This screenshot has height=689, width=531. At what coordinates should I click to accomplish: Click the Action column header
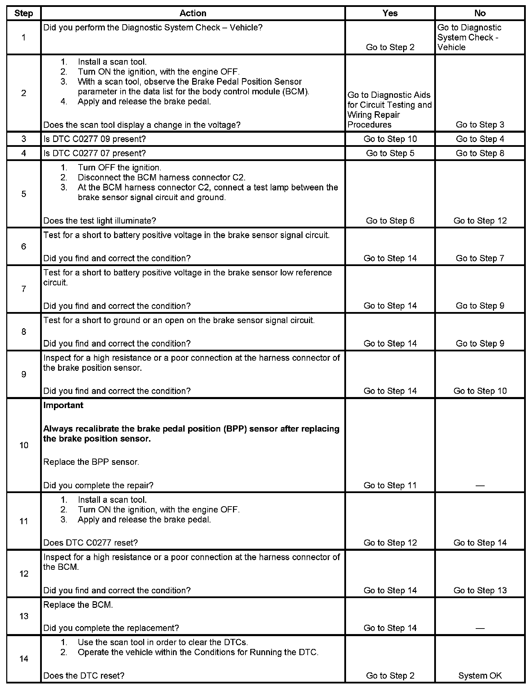point(193,13)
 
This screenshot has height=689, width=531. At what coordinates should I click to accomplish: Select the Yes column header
point(390,13)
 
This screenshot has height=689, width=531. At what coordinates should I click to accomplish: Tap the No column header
point(480,13)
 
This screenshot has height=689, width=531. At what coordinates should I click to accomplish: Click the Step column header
point(24,13)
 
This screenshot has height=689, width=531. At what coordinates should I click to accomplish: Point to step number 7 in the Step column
point(24,289)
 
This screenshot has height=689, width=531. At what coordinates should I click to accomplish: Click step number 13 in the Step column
point(24,616)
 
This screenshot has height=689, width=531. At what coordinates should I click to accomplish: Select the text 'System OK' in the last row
point(480,676)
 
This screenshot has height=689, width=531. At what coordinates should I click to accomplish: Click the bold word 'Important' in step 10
point(63,405)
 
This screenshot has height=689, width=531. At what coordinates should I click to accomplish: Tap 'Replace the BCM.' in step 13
point(78,605)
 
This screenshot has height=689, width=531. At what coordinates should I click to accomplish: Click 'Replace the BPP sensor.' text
point(91,462)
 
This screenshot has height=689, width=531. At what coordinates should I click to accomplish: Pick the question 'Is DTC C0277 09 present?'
point(94,139)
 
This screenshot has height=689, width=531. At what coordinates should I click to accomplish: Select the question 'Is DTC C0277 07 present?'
point(94,153)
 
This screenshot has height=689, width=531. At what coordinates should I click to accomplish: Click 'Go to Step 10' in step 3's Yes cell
point(390,139)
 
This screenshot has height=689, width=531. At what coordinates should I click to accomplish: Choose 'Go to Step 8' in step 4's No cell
point(480,153)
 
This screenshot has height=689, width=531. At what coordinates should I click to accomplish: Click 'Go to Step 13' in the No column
point(480,590)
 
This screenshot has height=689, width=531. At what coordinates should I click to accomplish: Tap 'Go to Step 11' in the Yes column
point(390,485)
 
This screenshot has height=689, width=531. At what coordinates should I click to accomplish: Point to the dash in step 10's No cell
point(480,485)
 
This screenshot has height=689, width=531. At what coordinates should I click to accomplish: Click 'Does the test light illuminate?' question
point(100,220)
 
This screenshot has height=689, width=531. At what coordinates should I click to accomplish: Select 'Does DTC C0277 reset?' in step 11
point(91,542)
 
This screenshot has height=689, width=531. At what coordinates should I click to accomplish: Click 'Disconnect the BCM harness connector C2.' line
point(161,177)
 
